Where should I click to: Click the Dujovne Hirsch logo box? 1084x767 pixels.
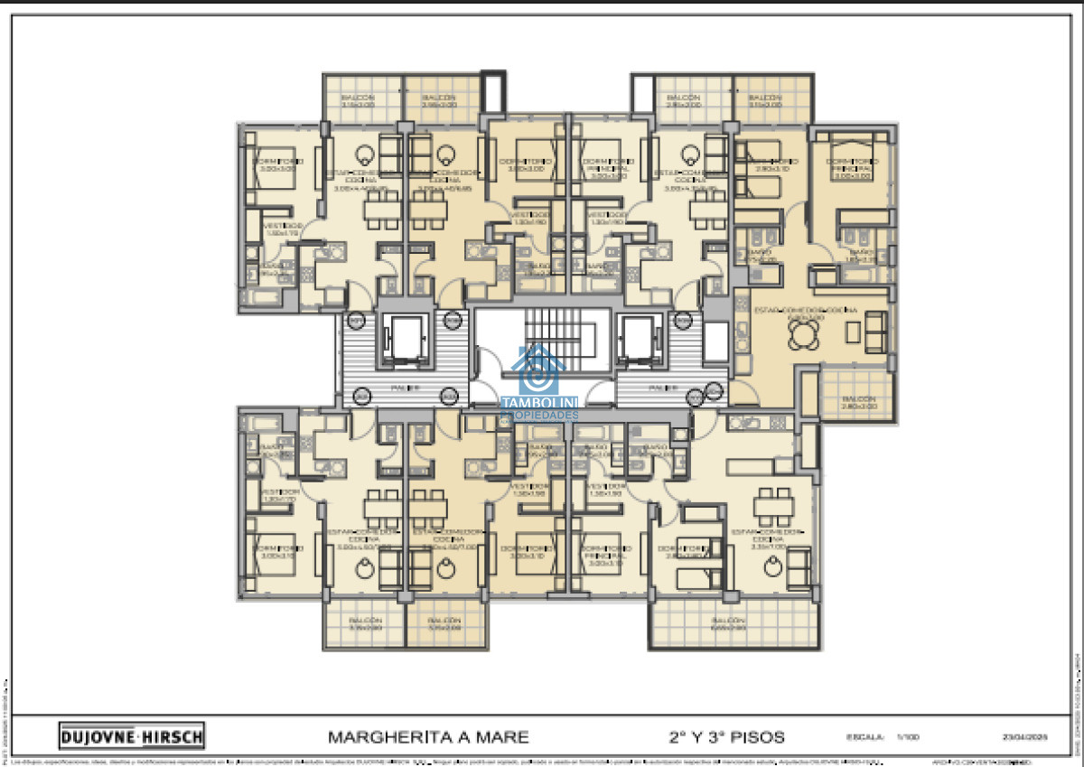pyautogui.click(x=132, y=735)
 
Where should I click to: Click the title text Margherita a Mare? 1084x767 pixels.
pyautogui.click(x=428, y=736)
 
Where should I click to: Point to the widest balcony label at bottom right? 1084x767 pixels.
pyautogui.click(x=728, y=625)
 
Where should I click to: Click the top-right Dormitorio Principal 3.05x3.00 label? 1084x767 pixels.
pyautogui.click(x=853, y=170)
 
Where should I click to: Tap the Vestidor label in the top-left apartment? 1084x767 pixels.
pyautogui.click(x=279, y=229)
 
